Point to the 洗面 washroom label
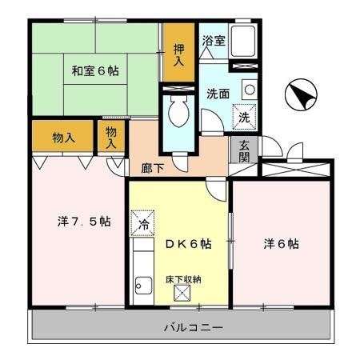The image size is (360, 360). [218, 93]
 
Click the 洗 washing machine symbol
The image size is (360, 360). [246, 117]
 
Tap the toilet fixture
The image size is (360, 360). [178, 112]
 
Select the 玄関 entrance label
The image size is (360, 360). [244, 151]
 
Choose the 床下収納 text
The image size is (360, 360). [183, 279]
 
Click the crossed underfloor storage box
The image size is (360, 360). [182, 294]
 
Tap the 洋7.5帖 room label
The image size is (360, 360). [77, 222]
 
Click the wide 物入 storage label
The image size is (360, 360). [63, 137]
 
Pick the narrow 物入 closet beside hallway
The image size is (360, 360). [111, 137]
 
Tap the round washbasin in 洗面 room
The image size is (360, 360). [249, 89]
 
